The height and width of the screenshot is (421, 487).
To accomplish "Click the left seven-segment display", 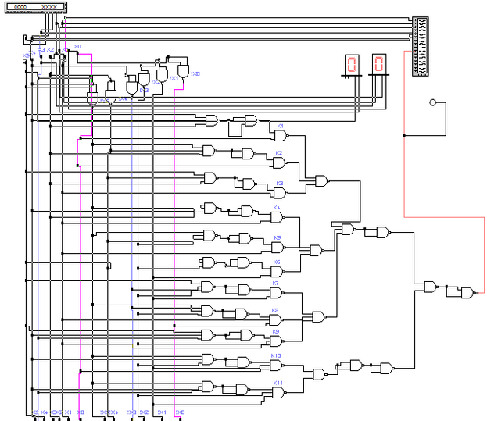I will tap(352, 65).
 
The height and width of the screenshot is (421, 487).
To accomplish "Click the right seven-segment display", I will tap(378, 65).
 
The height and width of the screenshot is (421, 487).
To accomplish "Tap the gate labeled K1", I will tap(278, 134).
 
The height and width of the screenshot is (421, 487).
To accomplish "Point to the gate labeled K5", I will tap(276, 246).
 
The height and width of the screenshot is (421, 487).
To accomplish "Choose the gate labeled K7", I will tap(275, 292).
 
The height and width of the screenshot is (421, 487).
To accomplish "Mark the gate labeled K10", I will tap(276, 364).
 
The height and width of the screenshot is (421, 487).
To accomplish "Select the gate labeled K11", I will tap(276, 392).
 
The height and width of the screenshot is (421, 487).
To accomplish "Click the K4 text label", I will tap(276, 208).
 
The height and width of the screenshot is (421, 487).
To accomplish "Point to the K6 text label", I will tap(276, 262).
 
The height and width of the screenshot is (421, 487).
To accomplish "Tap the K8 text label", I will tap(275, 310).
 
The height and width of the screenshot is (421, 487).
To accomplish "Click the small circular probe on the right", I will tap(432, 102).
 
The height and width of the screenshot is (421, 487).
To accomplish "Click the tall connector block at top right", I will tap(421, 47).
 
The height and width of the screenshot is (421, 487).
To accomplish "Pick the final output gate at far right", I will tap(467, 292).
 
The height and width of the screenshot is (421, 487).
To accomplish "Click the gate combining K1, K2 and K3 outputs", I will tap(320, 180).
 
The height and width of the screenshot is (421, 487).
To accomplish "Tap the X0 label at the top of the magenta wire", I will tap(77, 47).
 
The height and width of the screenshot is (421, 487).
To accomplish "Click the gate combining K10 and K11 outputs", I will tap(318, 374).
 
